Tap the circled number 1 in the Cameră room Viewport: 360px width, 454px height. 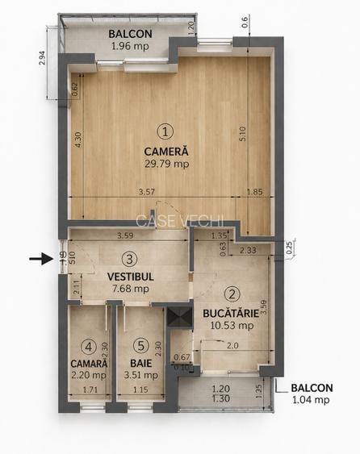click(x=165, y=130)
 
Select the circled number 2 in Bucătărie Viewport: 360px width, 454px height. click(x=232, y=295)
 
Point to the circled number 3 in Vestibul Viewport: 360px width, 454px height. click(x=130, y=260)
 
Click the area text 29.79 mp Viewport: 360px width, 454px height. click(x=165, y=164)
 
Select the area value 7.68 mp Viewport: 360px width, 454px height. click(x=130, y=288)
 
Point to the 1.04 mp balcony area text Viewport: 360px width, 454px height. click(x=311, y=399)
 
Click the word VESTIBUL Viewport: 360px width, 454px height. click(x=130, y=276)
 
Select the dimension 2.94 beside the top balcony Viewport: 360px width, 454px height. click(x=41, y=58)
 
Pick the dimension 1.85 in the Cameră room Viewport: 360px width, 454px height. click(x=253, y=192)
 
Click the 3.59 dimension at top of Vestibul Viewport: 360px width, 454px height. click(x=125, y=236)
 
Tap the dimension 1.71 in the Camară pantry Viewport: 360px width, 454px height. click(x=90, y=390)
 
